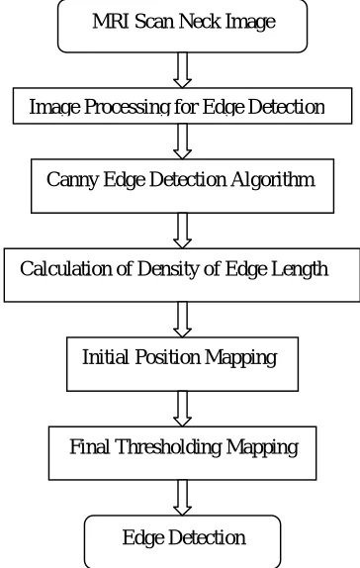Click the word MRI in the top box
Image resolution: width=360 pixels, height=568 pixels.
click(x=111, y=21)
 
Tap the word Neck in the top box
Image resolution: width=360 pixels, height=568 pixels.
click(x=200, y=21)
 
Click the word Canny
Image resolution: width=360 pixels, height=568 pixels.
click(x=72, y=180)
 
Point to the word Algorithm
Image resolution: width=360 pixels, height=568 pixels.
click(x=273, y=179)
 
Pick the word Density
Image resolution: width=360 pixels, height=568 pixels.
click(x=168, y=269)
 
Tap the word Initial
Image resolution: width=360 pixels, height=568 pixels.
click(x=106, y=357)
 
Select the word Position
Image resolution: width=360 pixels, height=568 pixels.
click(x=168, y=357)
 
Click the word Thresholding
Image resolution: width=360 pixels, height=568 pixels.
click(x=168, y=447)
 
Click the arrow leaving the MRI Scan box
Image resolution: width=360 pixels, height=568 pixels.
click(x=183, y=70)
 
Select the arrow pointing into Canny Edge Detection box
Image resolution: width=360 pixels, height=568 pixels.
click(x=183, y=142)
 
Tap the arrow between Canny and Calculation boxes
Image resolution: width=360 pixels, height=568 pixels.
click(x=183, y=231)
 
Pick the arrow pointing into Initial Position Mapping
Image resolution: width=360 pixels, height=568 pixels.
click(x=183, y=320)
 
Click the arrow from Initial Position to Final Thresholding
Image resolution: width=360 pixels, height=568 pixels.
click(x=183, y=409)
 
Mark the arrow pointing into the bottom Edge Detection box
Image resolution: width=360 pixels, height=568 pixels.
click(x=183, y=498)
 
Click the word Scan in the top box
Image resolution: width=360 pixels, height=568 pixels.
click(x=154, y=21)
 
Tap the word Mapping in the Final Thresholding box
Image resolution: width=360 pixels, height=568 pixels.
click(x=262, y=447)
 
